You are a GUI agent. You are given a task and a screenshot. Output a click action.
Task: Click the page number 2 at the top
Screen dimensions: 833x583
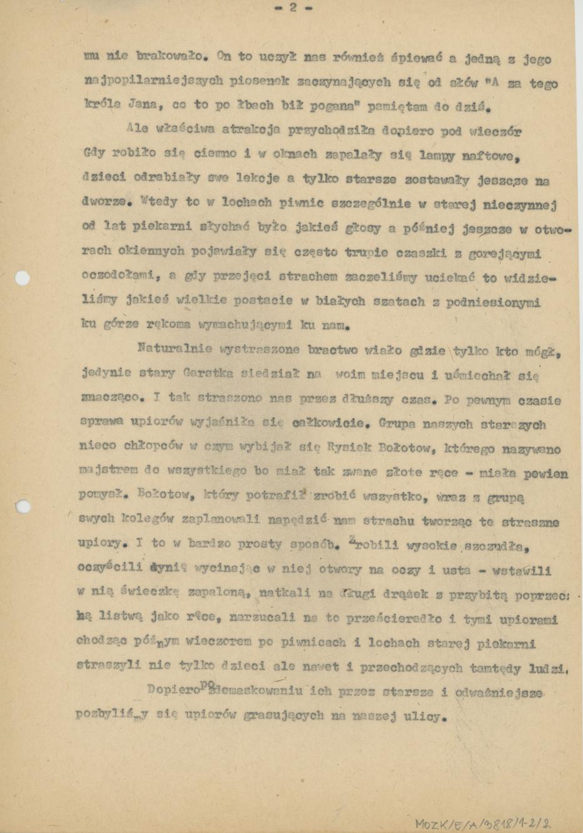coord(292,8)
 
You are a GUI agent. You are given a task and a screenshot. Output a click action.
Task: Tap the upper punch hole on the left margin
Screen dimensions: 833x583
coord(22,277)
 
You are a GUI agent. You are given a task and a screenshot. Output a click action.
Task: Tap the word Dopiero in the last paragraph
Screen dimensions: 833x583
coord(172,691)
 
